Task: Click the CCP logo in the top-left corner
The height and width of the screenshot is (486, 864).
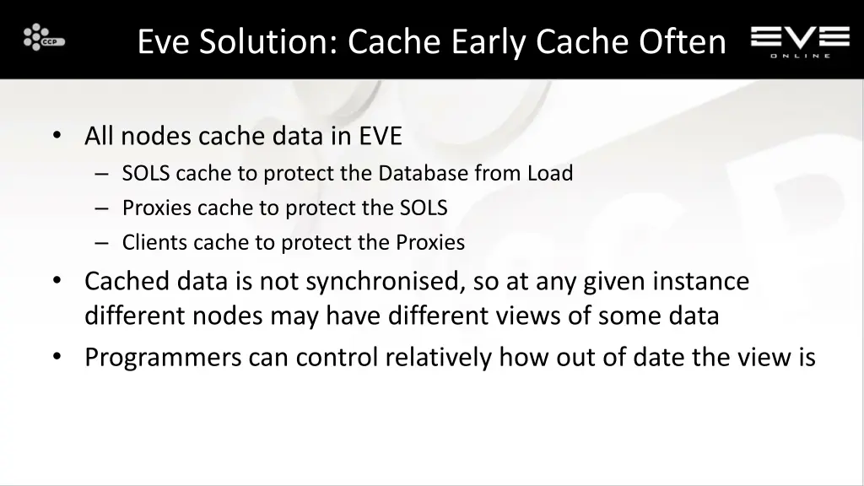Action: [x=44, y=38]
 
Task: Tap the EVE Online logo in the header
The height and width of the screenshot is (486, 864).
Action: [x=800, y=40]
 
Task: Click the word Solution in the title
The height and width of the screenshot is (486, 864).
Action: [x=268, y=41]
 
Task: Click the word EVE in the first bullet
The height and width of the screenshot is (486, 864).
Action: [x=381, y=135]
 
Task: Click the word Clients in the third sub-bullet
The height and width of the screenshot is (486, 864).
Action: [x=154, y=243]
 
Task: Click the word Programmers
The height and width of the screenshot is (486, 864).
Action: [x=163, y=358]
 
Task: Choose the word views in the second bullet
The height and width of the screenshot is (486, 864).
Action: [x=557, y=316]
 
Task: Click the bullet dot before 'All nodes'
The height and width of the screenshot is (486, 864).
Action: [x=57, y=135]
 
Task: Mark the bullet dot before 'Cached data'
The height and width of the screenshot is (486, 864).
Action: [x=57, y=280]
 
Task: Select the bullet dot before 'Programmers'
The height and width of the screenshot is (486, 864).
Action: [x=57, y=358]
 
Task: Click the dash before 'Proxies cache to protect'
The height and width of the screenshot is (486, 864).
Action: [x=102, y=208]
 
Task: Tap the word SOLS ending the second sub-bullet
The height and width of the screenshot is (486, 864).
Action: [x=424, y=208]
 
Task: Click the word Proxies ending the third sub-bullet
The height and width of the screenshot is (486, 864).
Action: [x=430, y=243]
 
